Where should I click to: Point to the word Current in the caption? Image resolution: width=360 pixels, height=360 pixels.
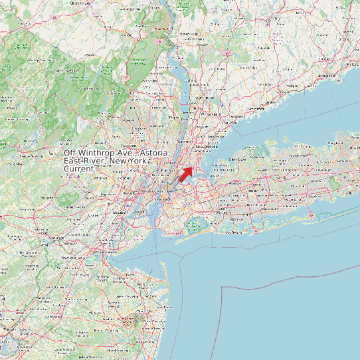pyautogui.click(x=79, y=169)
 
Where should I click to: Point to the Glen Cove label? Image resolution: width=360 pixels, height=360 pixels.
pyautogui.click(x=237, y=159)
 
